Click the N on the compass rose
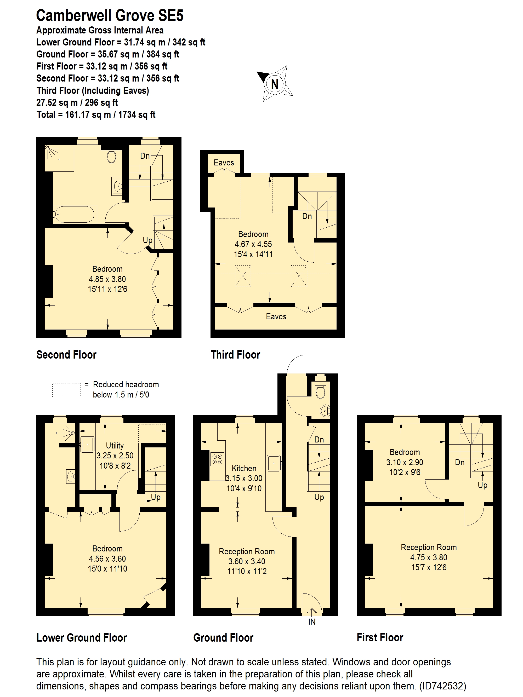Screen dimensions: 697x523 275,84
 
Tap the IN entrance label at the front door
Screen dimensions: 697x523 311,622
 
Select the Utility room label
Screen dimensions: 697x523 115,446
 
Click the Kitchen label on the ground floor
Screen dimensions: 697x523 244,468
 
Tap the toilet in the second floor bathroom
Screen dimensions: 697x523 111,157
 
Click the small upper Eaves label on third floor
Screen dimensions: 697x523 224,163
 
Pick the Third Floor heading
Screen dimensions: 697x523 235,355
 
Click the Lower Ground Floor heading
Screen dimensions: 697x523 81,637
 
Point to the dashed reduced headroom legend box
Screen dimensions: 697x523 66,390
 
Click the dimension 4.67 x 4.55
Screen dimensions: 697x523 253,244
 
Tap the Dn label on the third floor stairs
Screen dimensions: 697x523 307,216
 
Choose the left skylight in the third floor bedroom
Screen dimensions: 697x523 243,276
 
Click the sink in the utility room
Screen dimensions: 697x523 87,445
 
